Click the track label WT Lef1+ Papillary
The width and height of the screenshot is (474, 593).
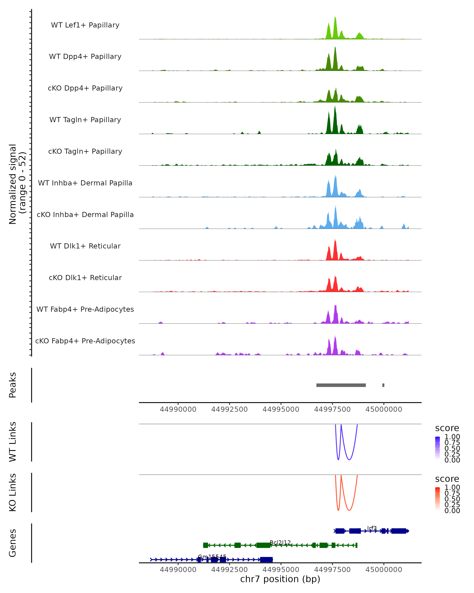(x=85, y=25)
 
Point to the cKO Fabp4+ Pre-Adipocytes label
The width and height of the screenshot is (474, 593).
(x=85, y=341)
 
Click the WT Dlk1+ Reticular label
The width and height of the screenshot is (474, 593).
(x=85, y=246)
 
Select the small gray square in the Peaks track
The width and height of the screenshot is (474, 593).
(x=383, y=385)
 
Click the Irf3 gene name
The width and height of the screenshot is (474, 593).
(x=372, y=528)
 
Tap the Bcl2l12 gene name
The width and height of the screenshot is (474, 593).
(x=280, y=542)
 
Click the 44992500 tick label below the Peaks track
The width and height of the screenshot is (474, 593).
(x=229, y=409)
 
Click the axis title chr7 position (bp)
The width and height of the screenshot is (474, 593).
(x=280, y=579)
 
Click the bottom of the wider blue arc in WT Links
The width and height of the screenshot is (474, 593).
(x=349, y=460)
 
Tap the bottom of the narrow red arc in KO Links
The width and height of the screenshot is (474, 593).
(x=338, y=510)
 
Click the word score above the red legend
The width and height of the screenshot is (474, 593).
(x=447, y=479)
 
